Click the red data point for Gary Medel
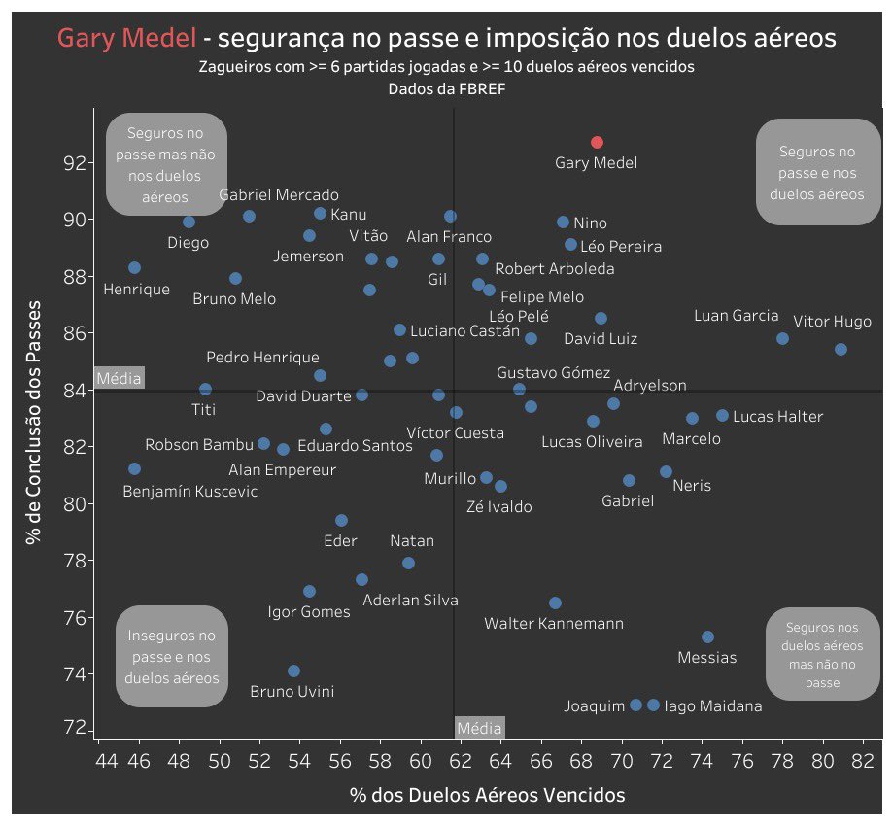pos(597,143)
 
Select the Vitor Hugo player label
pos(832,322)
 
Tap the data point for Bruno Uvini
pos(293,670)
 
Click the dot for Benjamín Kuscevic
pos(134,468)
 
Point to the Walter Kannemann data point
pos(555,602)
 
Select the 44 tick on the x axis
pos(107,760)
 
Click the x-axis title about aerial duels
pos(487,795)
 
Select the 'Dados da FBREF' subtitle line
pos(446,87)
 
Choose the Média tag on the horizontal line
pos(119,377)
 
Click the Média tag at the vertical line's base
pos(479,728)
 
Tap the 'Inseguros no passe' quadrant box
pos(172,657)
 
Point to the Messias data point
pos(707,636)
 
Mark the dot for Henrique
pos(134,267)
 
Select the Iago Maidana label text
pos(712,706)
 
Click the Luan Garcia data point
pos(782,338)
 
